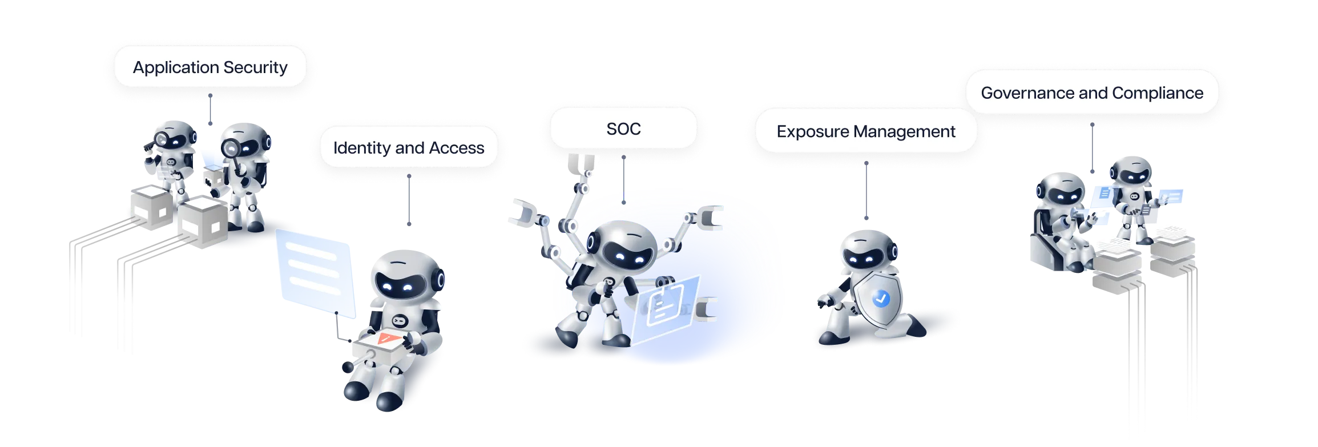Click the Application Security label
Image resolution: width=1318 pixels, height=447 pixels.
pos(210,67)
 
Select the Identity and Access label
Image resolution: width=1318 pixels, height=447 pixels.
pos(409,148)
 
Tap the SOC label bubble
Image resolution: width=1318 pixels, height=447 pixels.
pos(623,129)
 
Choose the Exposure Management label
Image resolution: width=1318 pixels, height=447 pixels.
pos(865,132)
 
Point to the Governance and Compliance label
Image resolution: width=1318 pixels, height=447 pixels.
pos(1091,93)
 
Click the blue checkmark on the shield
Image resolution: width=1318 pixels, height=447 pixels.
pos(881,298)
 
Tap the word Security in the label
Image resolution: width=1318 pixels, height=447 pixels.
pos(255,67)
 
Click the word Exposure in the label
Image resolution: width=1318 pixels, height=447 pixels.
pos(813,132)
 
